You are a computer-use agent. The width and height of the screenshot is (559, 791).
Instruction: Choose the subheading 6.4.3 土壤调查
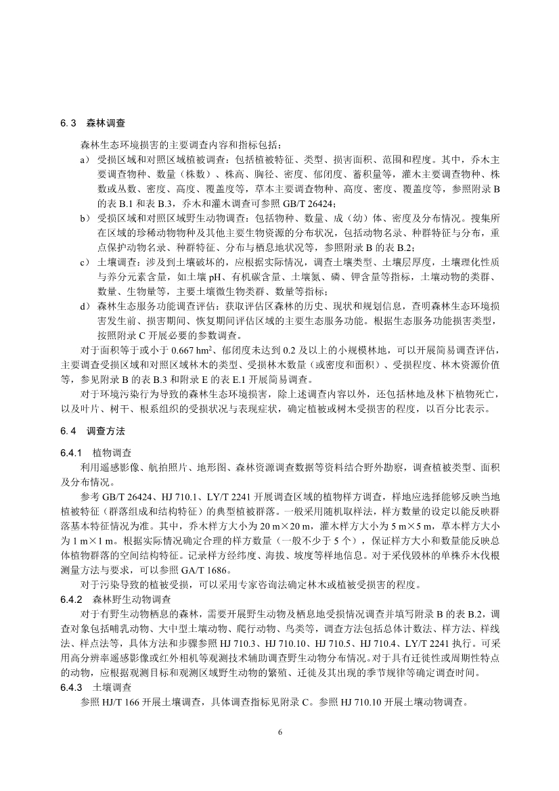[x=98, y=685]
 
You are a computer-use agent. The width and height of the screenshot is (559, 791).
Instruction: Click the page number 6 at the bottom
[x=279, y=733]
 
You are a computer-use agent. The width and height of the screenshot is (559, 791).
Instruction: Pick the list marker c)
[x=85, y=262]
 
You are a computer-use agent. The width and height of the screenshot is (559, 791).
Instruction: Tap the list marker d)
[x=85, y=305]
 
